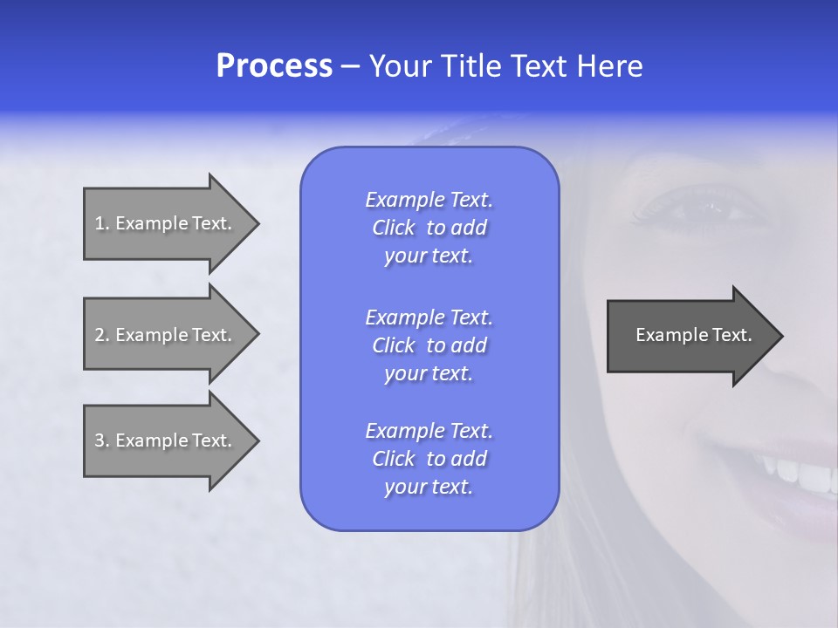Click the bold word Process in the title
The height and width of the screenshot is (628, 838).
(x=274, y=66)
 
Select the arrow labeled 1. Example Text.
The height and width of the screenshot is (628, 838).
(x=166, y=223)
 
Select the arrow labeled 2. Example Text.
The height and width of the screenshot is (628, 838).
(x=166, y=335)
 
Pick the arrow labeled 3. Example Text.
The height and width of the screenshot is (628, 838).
(x=166, y=440)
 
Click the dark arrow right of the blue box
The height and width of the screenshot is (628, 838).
(x=690, y=335)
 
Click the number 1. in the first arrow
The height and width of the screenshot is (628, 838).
(x=102, y=223)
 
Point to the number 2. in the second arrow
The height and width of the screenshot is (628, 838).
(x=102, y=335)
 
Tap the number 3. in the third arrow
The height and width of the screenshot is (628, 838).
(x=102, y=440)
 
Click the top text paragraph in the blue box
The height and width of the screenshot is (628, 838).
(x=429, y=228)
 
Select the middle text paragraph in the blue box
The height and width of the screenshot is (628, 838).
(x=429, y=345)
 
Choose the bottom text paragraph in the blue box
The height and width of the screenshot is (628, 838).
(x=429, y=459)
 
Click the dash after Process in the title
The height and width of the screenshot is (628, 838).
(x=351, y=67)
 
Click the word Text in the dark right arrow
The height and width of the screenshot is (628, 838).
(x=732, y=335)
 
